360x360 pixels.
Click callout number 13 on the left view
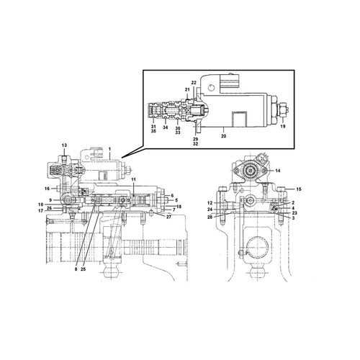pyautogui.click(x=63, y=145)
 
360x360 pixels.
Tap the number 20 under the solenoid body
pyautogui.click(x=223, y=135)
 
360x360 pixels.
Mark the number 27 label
pyautogui.click(x=168, y=216)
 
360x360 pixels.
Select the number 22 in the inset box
pyautogui.click(x=194, y=84)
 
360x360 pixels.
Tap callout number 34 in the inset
pyautogui.click(x=165, y=128)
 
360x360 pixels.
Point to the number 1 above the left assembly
pyautogui.click(x=109, y=148)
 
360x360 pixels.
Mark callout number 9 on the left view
pyautogui.click(x=50, y=199)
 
